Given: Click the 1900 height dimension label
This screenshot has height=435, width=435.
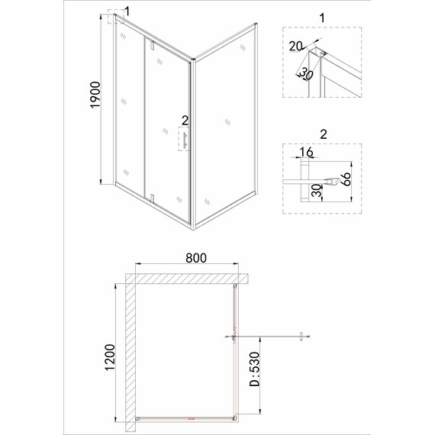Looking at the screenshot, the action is click(x=95, y=95).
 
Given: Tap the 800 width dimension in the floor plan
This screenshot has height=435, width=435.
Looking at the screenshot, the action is click(x=196, y=258).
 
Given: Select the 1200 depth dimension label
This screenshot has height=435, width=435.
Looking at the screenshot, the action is click(x=110, y=357).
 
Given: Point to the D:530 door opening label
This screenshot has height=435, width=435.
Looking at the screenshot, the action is click(x=254, y=369).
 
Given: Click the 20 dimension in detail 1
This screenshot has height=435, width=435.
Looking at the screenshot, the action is click(x=295, y=46).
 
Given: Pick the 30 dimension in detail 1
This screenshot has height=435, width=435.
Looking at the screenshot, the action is click(x=307, y=74).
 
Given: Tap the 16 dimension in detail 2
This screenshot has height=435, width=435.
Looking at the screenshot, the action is click(x=307, y=152).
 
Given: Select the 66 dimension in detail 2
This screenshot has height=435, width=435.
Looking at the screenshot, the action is click(x=346, y=179).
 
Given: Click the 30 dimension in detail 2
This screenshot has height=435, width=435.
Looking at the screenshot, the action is click(x=316, y=191).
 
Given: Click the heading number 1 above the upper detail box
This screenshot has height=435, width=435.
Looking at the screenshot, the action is click(x=322, y=18).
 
